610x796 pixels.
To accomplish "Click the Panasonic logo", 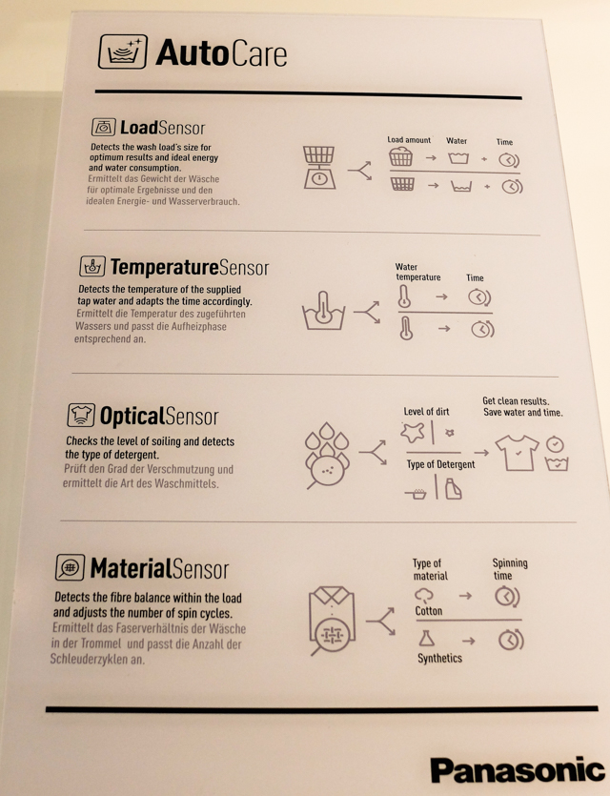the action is [x=518, y=769].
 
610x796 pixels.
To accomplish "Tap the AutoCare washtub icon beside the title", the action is [x=123, y=51].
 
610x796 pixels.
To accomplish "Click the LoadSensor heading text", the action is [x=162, y=128].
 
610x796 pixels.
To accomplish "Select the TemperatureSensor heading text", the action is [x=190, y=267].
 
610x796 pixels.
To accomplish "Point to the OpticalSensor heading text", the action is [x=159, y=416].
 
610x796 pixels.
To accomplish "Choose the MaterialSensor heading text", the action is [x=159, y=568].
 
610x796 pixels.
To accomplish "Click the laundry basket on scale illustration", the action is [x=319, y=168].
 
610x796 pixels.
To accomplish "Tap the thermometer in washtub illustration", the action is [x=323, y=311].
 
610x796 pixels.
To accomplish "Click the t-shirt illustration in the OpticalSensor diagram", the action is [x=518, y=452].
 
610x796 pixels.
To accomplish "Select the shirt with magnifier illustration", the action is [x=332, y=621].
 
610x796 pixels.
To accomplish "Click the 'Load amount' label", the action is [x=409, y=139].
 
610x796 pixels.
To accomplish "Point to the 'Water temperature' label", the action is [x=417, y=272].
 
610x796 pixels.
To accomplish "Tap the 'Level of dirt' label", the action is [x=426, y=411].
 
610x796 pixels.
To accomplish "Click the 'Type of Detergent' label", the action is [x=440, y=464].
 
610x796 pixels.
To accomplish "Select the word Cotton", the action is [x=429, y=611].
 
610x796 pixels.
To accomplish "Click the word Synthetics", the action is [x=439, y=658].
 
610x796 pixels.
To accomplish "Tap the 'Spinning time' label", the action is [x=510, y=569].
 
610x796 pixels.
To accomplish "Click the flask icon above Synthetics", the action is [x=427, y=638].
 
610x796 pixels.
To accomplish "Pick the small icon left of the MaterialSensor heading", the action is [x=70, y=567].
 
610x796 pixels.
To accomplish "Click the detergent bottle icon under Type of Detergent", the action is [x=453, y=489].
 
